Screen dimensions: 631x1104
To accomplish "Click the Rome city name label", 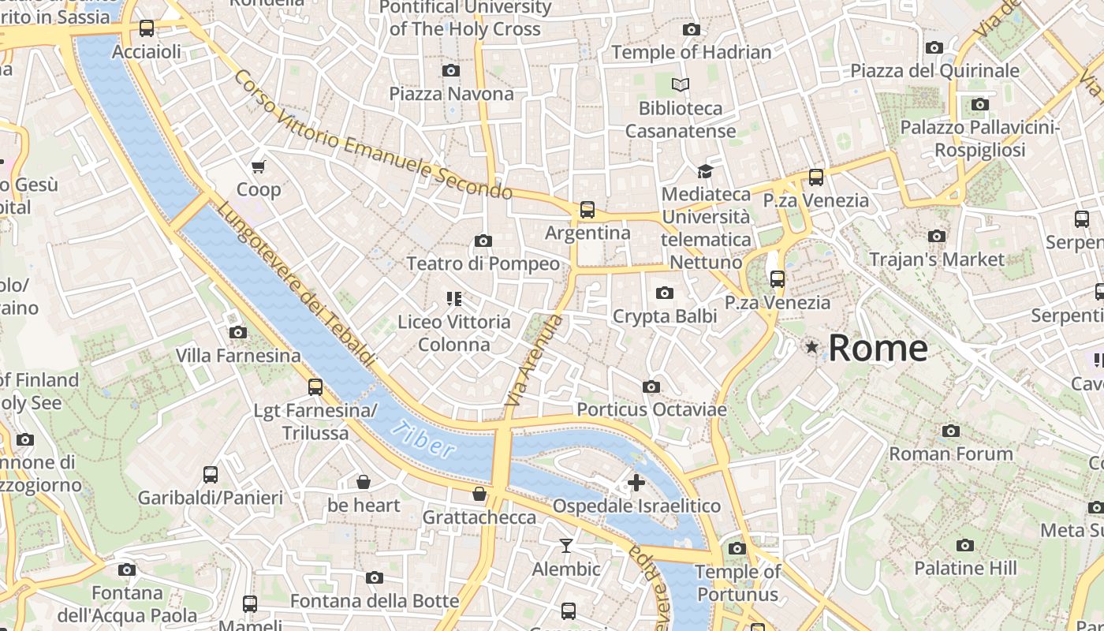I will point(878,348).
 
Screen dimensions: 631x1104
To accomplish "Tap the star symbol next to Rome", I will point(811,347).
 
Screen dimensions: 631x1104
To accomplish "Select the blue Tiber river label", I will point(423,440).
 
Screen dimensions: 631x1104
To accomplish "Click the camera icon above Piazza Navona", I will point(451,70).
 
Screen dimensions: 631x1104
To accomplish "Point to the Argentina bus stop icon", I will point(587,210).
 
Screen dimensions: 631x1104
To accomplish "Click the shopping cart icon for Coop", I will point(259,166).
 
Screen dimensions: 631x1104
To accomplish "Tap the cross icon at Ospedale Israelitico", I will point(636,482).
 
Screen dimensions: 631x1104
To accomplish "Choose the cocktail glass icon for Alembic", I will point(565,546).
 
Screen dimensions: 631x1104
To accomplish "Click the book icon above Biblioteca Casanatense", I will point(681,84).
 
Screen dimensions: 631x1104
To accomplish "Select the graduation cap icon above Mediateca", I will point(705,171).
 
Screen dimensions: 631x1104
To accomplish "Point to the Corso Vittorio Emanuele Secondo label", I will point(372,135).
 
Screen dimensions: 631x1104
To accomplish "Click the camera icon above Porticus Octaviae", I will point(651,386).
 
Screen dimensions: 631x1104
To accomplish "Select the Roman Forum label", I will point(951,454).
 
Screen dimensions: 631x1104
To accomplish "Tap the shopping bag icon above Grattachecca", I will point(479,495).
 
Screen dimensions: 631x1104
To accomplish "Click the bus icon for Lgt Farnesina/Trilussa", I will point(315,386).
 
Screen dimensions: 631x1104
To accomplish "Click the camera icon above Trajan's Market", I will point(937,236).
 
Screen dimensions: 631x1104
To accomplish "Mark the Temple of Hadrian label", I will point(692,52).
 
